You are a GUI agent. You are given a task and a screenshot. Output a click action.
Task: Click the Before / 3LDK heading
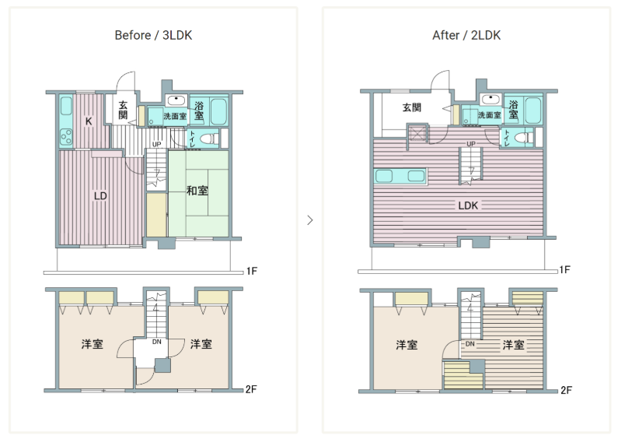point(153,36)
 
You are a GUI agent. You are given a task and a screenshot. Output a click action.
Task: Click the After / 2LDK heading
point(466,36)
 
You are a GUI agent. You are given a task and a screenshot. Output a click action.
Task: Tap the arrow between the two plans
point(310,219)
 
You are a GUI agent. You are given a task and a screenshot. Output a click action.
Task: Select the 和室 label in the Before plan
point(197,191)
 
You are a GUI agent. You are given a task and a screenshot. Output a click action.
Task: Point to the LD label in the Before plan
point(100,196)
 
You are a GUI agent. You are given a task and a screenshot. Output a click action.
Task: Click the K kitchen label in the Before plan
point(89,121)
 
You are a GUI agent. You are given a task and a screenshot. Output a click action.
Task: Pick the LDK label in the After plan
point(468,205)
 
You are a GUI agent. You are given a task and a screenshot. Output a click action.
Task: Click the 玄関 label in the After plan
point(412,107)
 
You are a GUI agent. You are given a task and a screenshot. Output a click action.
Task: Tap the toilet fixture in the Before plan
point(209,139)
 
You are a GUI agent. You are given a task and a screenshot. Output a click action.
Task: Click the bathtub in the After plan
point(532,111)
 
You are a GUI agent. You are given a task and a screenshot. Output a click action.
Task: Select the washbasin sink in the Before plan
point(176,100)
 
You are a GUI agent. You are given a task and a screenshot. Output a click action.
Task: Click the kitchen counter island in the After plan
point(400,176)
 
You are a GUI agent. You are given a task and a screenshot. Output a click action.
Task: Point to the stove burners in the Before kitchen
point(66,136)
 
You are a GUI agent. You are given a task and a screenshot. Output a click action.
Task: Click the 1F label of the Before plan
point(251,271)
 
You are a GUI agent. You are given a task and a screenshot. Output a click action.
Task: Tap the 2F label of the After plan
point(567,391)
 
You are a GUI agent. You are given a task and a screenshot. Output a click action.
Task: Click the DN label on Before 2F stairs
point(156,342)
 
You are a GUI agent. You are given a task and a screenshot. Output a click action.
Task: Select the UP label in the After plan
point(471,144)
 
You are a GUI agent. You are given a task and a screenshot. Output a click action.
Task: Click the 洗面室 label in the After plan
point(490,115)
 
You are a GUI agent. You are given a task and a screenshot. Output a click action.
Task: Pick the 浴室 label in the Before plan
point(199,110)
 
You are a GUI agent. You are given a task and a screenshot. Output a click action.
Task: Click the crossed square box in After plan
point(417,133)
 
